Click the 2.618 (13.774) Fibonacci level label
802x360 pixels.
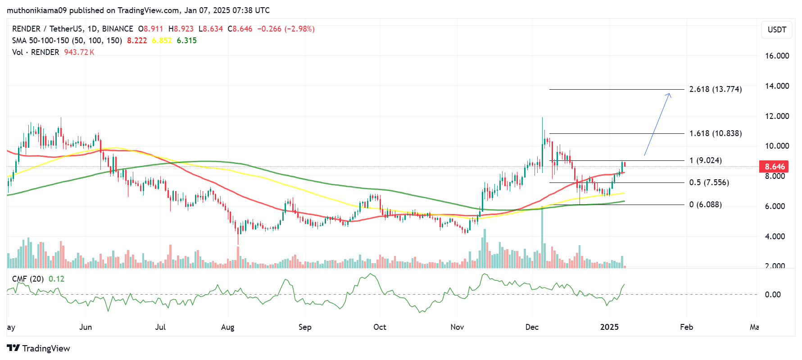coord(715,89)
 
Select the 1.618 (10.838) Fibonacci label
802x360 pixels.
coord(715,133)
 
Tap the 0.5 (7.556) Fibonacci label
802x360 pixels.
coord(709,182)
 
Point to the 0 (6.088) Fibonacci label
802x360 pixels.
coord(705,205)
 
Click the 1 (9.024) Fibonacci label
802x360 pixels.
coord(705,160)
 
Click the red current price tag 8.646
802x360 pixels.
coord(774,167)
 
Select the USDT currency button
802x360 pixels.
coord(777,30)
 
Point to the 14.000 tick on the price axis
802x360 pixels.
coord(777,86)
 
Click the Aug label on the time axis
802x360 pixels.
coord(227,327)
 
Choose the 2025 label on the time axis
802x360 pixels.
coord(609,327)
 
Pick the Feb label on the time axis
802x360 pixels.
coord(686,327)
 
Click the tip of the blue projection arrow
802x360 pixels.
coord(670,93)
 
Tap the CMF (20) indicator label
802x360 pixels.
coord(28,279)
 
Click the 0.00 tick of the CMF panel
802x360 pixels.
coord(773,295)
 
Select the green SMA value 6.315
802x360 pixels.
coord(186,41)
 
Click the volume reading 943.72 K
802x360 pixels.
coord(79,52)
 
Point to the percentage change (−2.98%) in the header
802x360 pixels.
coord(299,29)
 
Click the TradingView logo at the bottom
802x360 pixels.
coord(39,348)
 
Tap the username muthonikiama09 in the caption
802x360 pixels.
coord(36,10)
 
